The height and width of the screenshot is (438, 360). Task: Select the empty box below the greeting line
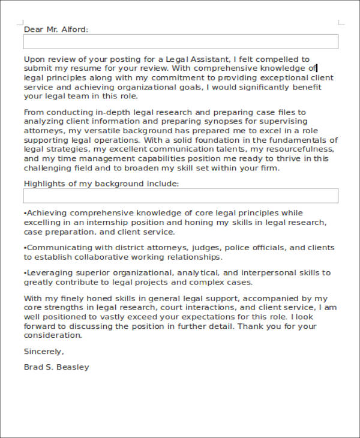180,41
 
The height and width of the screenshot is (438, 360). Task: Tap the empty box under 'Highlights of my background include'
180,196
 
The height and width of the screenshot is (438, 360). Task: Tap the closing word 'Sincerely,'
44,351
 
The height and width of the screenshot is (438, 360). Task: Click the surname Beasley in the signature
73,367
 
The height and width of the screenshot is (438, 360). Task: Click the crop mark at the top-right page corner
341,23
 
